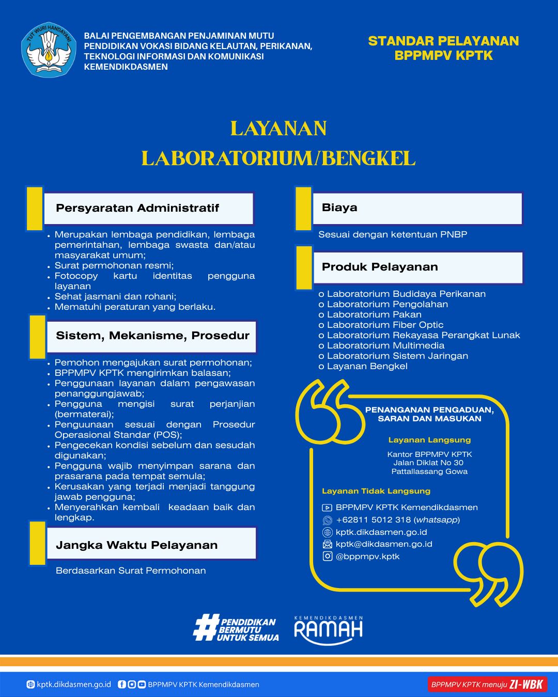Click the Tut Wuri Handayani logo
[x=49, y=50]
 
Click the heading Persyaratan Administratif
[x=137, y=208]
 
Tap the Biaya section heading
[x=339, y=208]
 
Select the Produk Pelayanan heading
[x=380, y=267]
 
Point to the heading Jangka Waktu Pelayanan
[x=136, y=545]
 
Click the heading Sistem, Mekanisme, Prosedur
[x=152, y=336]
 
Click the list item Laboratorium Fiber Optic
[x=385, y=325]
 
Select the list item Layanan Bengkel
[x=367, y=366]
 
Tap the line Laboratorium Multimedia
[x=385, y=345]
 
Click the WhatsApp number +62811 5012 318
[x=397, y=520]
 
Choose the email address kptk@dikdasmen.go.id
[x=383, y=544]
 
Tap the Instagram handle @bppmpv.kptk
[x=367, y=557]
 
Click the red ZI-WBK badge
[x=487, y=685]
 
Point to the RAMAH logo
[x=328, y=630]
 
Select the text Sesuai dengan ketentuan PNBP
[x=393, y=234]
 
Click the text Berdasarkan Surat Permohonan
[x=131, y=571]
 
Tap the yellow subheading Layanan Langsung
[x=429, y=440]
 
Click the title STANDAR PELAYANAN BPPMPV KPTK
[x=443, y=48]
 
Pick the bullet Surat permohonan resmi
[x=114, y=265]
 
